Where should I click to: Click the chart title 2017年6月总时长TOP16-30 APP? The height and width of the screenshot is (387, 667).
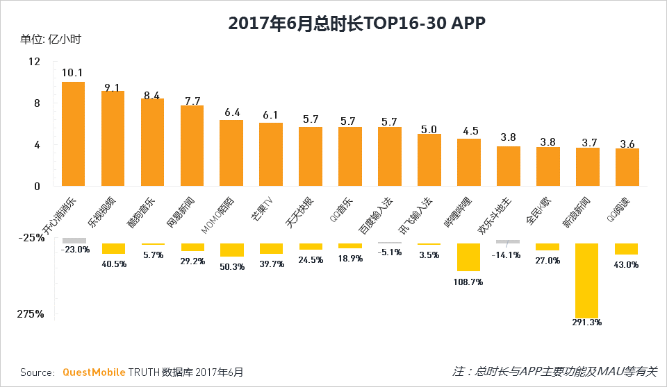356,23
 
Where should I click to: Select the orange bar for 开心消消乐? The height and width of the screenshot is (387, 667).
73,134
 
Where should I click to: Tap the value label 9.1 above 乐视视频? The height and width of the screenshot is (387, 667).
112,87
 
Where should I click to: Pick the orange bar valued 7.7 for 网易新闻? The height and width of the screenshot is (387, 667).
192,146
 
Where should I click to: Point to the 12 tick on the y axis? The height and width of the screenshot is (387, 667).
34,62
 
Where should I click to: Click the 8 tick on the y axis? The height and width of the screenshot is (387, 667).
37,103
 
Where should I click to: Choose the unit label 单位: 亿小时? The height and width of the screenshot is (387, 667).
51,39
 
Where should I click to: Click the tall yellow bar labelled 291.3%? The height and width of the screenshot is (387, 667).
586,279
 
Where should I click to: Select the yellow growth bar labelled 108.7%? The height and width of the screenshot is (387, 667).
468,257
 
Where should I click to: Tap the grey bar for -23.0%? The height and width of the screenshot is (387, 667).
73,240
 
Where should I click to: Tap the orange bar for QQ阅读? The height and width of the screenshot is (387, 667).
627,167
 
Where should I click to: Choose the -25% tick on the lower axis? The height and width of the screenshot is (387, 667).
31,237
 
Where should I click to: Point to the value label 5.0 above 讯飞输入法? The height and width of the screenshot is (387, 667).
429,129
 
